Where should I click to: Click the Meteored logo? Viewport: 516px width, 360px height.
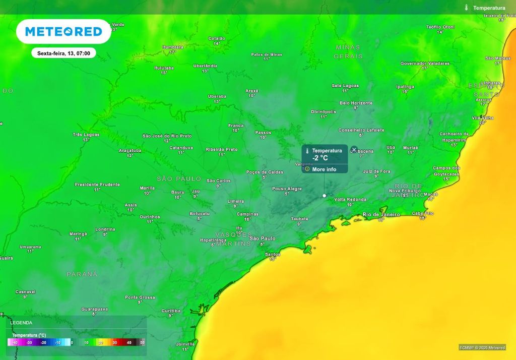point(63,32)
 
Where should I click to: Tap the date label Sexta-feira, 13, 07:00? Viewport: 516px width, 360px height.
point(63,53)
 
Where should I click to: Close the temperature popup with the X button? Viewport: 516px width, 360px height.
point(354,150)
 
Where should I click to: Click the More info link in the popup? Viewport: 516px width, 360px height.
point(324,169)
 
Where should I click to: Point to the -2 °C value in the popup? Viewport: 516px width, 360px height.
point(320,158)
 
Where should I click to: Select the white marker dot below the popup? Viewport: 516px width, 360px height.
point(324,195)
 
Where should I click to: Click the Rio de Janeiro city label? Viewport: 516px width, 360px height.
point(381,214)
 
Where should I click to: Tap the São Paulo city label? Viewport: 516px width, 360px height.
point(263,238)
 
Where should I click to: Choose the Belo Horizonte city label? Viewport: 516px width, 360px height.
point(356,103)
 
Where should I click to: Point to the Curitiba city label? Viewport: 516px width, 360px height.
point(171,311)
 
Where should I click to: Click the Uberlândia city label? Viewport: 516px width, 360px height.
point(205,66)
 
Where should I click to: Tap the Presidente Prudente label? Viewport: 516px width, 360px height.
point(97,185)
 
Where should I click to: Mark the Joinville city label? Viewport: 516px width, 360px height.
point(185,344)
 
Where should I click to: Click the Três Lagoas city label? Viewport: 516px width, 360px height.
point(86,135)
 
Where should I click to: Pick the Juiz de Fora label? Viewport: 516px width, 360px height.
point(376,171)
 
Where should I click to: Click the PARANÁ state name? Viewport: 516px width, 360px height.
point(82,274)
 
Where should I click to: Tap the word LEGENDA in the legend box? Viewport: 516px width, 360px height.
point(21,323)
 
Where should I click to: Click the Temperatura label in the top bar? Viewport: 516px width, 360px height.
point(489,8)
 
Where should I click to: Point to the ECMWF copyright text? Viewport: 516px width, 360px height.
point(482,347)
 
